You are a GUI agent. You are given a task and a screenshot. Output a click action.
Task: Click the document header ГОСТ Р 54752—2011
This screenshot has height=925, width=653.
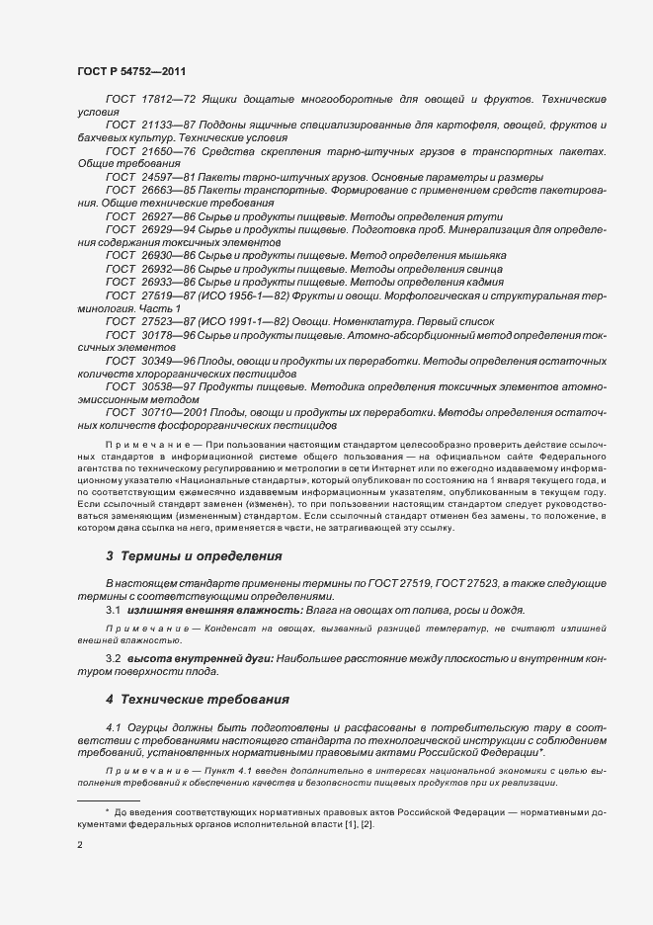tap(130, 72)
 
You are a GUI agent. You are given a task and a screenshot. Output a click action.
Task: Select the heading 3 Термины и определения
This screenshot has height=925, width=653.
tap(194, 556)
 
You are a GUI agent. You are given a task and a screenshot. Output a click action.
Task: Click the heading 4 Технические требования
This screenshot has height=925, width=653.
tap(197, 699)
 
